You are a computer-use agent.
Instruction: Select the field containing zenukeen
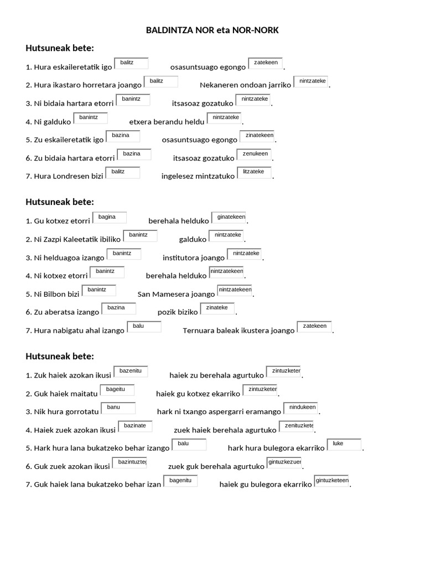255,154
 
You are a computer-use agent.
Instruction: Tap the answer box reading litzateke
254,173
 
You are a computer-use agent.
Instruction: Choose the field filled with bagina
110,218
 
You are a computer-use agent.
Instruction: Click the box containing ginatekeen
227,218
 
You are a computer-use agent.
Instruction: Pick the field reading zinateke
217,308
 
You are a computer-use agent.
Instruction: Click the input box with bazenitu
131,371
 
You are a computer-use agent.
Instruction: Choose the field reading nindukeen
302,408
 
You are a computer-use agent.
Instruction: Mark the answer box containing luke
344,445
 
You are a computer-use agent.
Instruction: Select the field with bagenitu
180,481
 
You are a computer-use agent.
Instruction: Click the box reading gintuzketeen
332,481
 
